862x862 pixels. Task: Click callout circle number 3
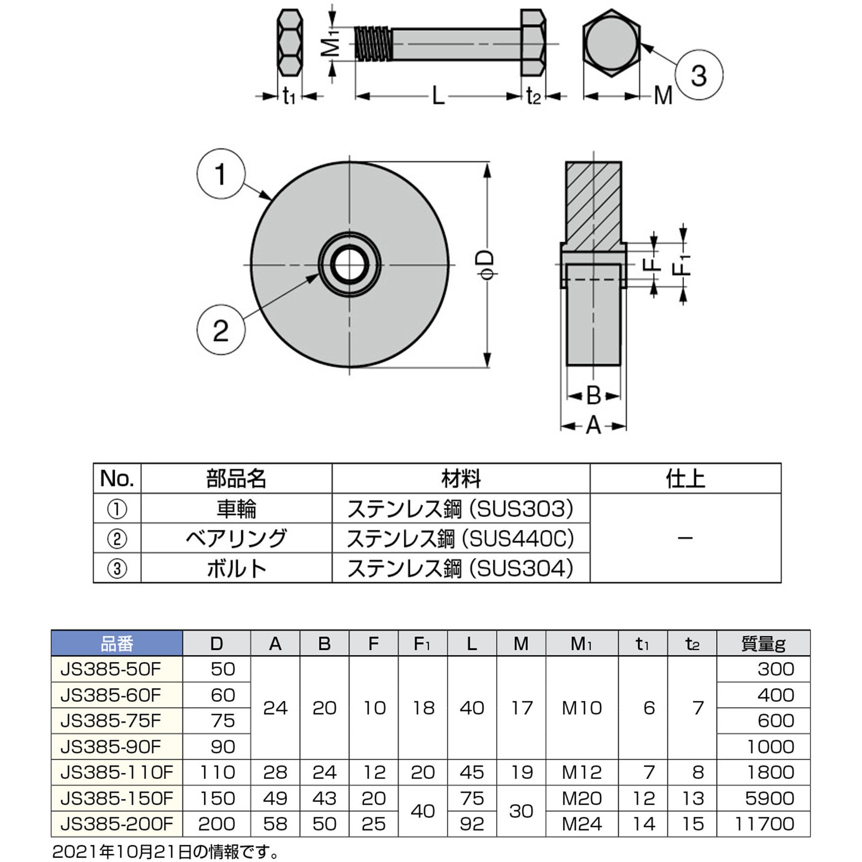click(x=698, y=75)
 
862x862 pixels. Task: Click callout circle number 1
click(x=221, y=174)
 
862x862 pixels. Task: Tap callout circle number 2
click(x=221, y=330)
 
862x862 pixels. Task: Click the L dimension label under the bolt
click(x=438, y=95)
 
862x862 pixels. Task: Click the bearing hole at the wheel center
click(x=349, y=264)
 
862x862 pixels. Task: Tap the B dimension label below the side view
click(x=593, y=395)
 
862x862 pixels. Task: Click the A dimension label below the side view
click(x=593, y=426)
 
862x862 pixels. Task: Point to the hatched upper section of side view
click(x=593, y=203)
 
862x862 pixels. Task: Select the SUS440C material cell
click(x=461, y=538)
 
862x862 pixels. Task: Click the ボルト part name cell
click(x=236, y=568)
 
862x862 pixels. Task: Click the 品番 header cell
click(x=117, y=644)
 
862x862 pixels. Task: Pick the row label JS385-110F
click(x=117, y=772)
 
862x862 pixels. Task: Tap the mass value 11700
click(x=764, y=824)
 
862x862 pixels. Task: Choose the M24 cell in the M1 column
click(x=582, y=824)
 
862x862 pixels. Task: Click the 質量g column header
click(x=763, y=644)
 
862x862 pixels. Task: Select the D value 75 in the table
click(x=222, y=721)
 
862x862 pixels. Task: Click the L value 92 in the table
click(x=472, y=824)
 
